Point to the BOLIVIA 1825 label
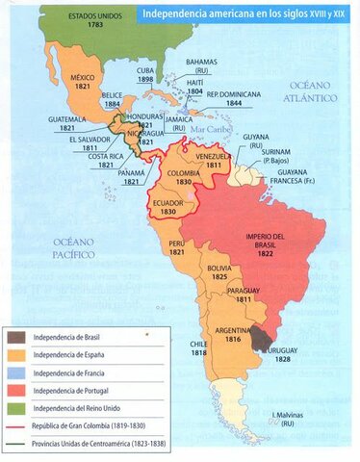click(220, 270)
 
